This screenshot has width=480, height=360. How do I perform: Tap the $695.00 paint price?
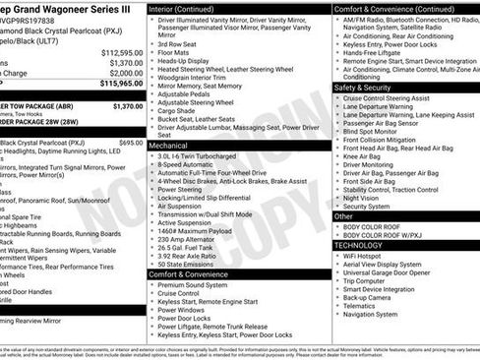(130, 143)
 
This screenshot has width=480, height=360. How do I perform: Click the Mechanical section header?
(168, 144)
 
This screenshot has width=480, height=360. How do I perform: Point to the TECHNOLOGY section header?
(363, 245)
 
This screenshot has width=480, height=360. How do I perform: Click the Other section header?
(344, 215)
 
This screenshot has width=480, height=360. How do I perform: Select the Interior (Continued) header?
(188, 8)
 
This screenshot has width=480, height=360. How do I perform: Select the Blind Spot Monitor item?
(371, 131)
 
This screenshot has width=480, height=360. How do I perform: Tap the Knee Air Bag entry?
(363, 156)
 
